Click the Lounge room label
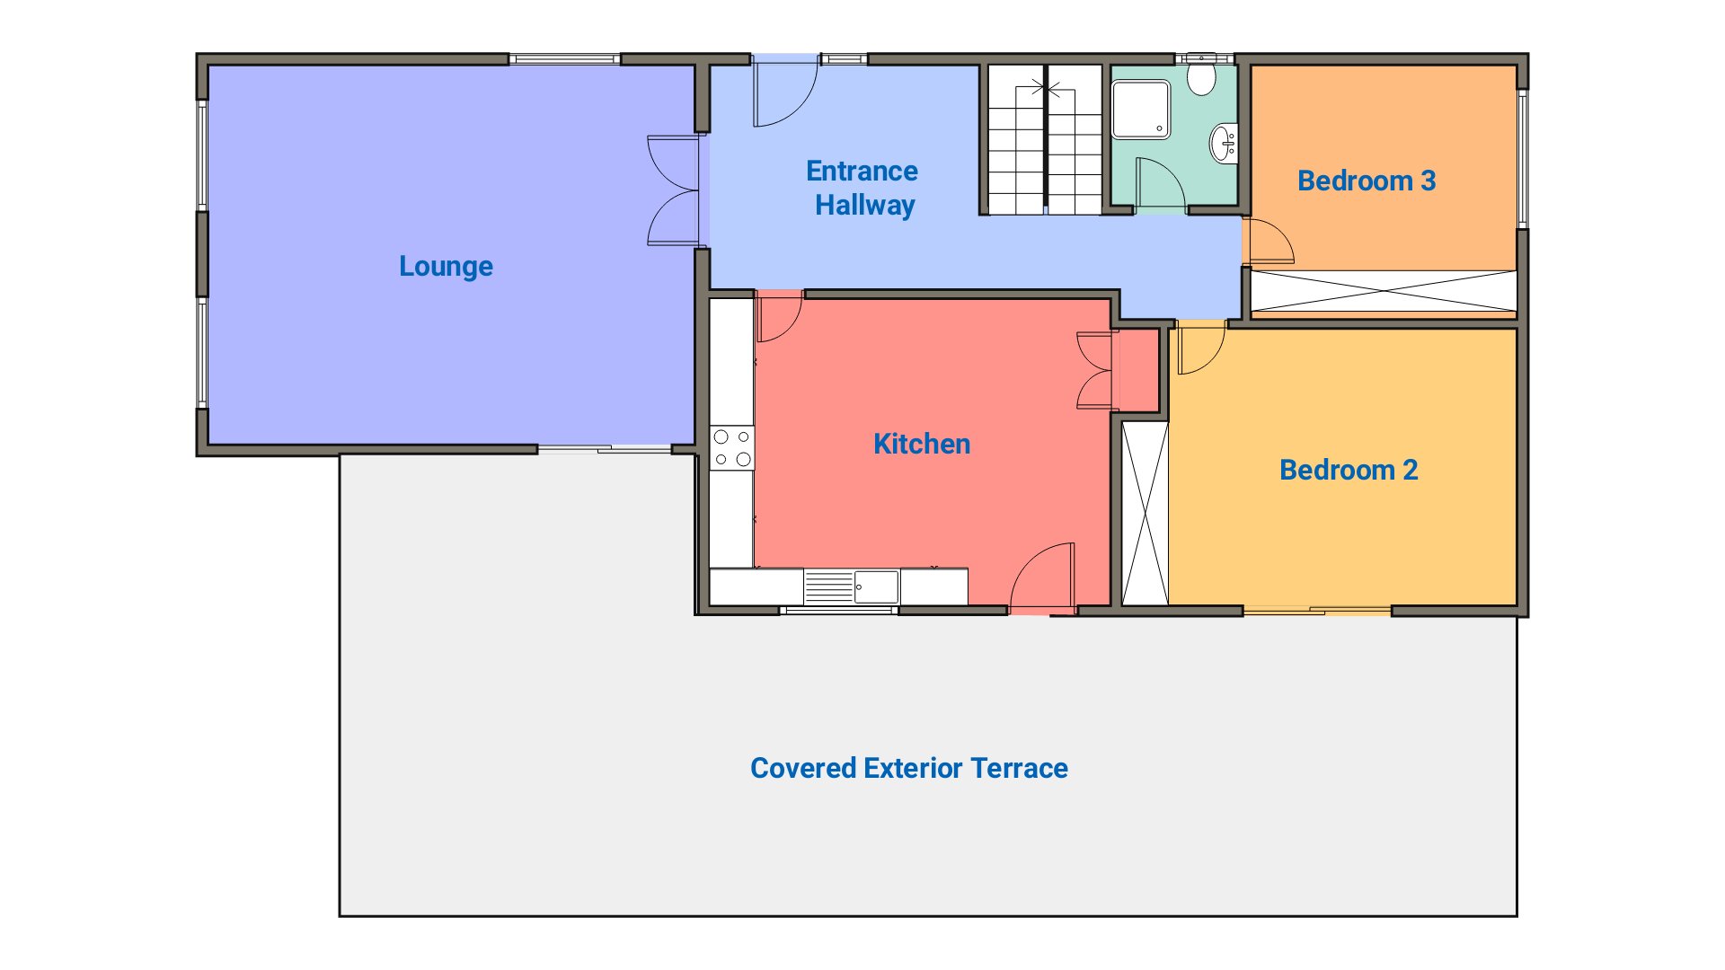446,267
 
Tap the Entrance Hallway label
862,188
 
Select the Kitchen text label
922,444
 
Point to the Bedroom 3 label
1367,181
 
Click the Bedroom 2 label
1349,470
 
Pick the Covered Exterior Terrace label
909,768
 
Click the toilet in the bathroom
1201,75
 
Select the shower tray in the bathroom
1141,110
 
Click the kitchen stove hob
732,448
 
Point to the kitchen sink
851,586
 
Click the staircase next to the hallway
1046,139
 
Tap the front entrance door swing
785,91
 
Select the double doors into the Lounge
674,190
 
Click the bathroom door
1160,183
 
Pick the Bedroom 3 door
1269,242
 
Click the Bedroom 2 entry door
1201,348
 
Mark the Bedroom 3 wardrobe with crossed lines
1384,291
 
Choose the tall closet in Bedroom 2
1146,514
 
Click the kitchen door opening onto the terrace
1042,577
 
